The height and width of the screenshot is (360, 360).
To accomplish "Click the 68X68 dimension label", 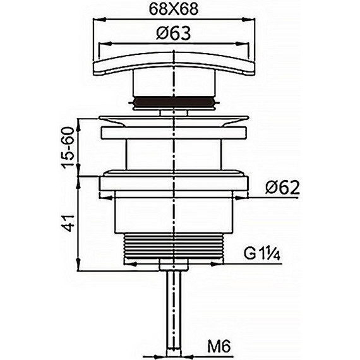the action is [x=174, y=9].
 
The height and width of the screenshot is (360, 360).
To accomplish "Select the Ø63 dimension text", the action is [x=174, y=33].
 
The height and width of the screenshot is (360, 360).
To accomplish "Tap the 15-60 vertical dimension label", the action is [x=69, y=148].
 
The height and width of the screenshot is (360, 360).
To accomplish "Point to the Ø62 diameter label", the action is [x=282, y=188].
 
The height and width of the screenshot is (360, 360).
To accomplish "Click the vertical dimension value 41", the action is [x=69, y=223].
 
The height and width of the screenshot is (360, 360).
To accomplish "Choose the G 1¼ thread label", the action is [x=261, y=254].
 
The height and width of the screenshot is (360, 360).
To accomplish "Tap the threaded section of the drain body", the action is [x=174, y=246].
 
